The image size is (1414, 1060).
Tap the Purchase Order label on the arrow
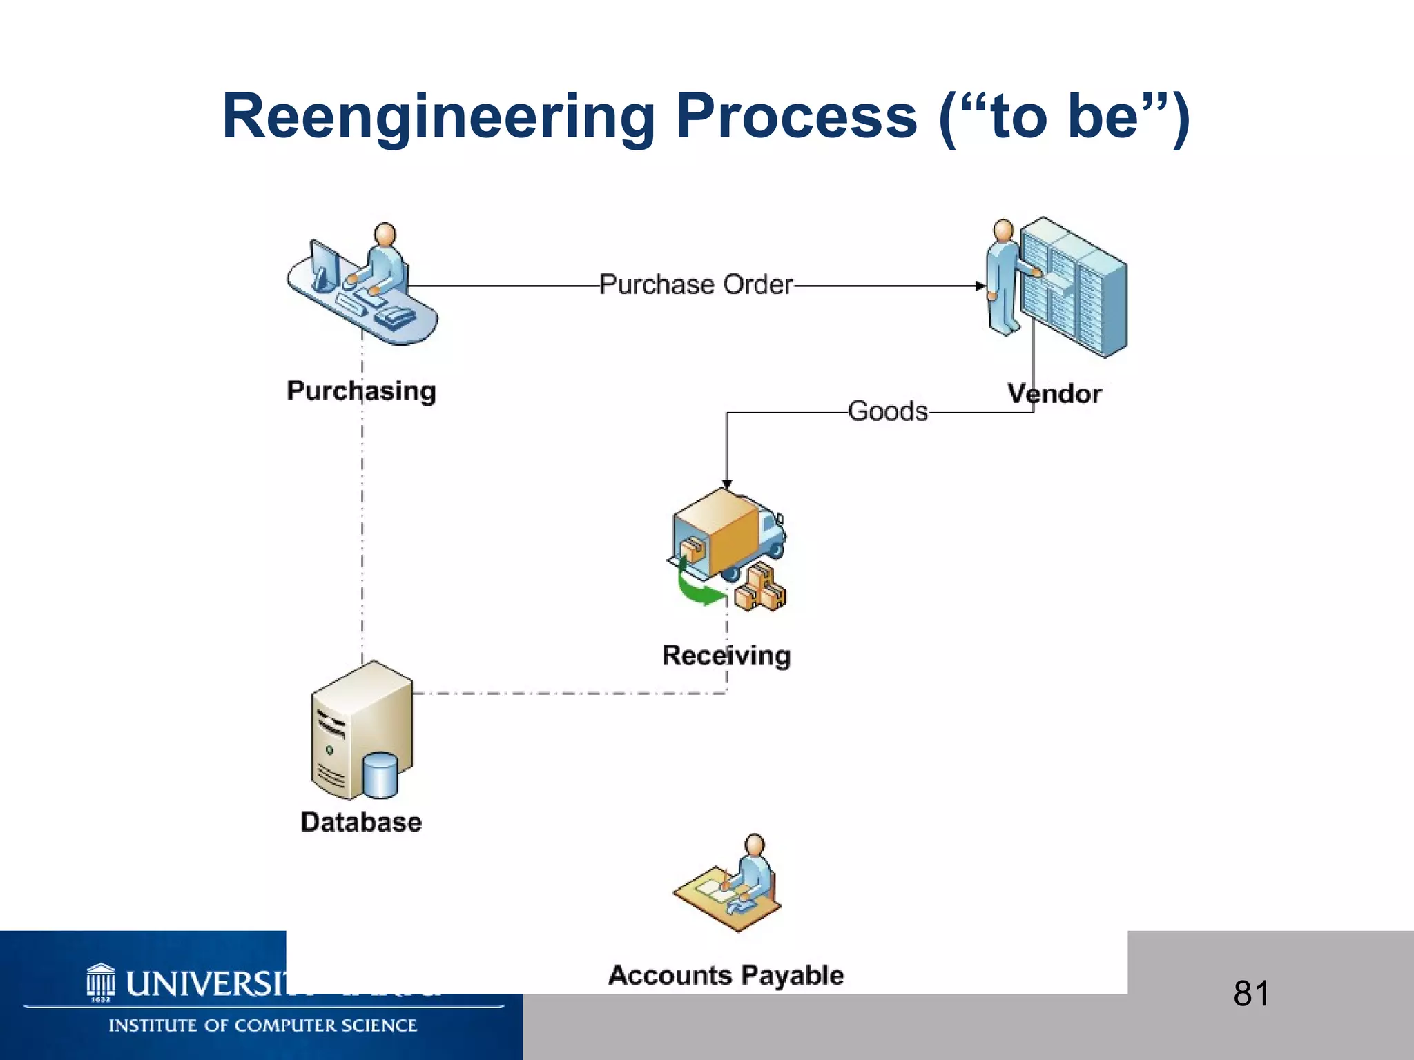pos(696,284)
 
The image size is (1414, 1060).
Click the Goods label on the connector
pos(888,411)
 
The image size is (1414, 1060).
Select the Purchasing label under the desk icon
pos(361,391)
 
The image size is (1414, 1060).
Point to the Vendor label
pos(1054,393)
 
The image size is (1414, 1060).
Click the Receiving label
pos(726,655)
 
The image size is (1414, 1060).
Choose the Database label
pos(361,822)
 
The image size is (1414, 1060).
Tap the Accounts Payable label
pos(726,975)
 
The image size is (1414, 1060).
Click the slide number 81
pos(1251,994)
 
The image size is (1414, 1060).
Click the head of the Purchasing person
pos(385,235)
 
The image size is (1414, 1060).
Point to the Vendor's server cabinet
pos(1074,286)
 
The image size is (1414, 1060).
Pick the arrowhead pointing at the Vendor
pos(980,286)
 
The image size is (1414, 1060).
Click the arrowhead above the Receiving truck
pos(726,484)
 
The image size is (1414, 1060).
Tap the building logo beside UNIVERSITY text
pos(101,983)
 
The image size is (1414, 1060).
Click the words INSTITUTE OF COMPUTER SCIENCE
pos(263,1025)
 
